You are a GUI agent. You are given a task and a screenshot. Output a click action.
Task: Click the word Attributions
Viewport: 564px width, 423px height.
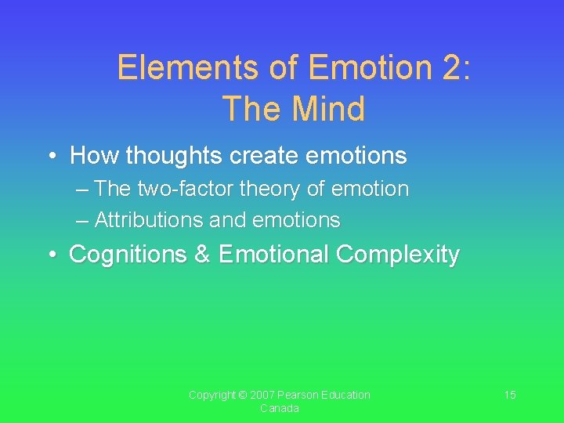149,220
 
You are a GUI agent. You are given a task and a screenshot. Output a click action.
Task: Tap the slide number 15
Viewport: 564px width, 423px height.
509,395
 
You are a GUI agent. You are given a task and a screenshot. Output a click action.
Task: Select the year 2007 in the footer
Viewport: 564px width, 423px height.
264,395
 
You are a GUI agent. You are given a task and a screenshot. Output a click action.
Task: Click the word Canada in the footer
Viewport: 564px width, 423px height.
280,409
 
